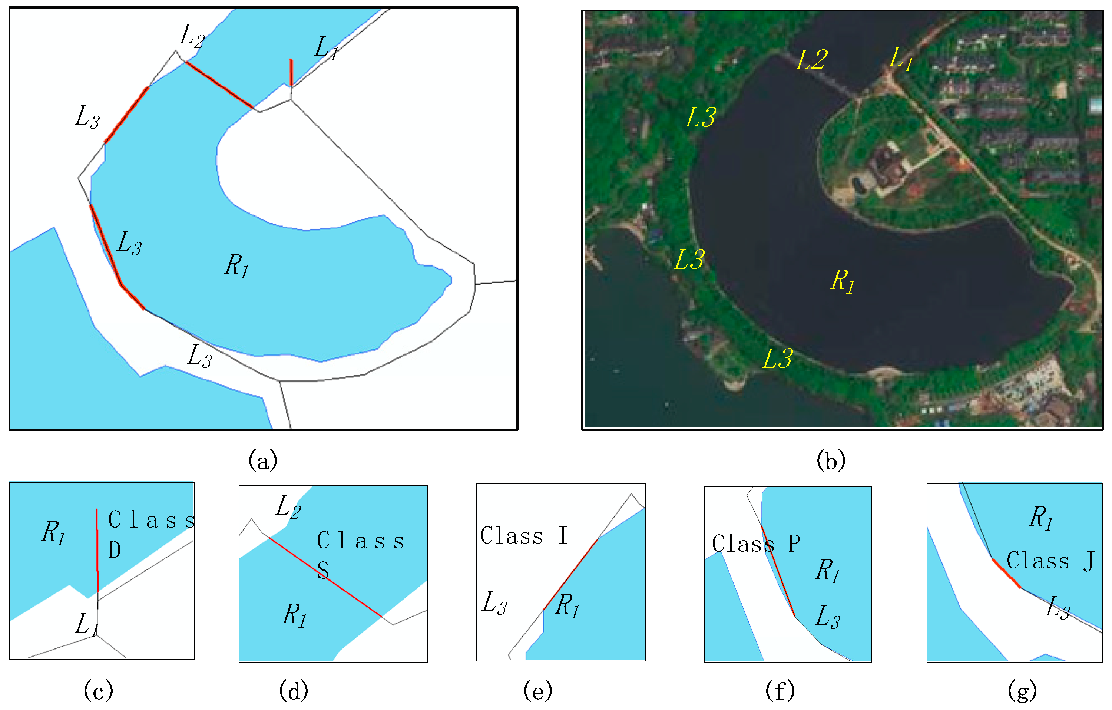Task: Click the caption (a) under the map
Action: pos(263,460)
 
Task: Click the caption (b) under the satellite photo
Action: pos(831,460)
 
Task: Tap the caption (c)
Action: pos(98,691)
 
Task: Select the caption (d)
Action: pos(294,691)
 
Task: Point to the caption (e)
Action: pos(538,691)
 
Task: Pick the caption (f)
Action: pos(780,691)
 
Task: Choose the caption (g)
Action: pos(1022,691)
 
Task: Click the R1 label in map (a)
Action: pos(237,265)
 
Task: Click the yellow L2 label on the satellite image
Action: pos(812,60)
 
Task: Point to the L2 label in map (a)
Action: pos(192,36)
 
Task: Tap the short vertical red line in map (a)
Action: pos(291,73)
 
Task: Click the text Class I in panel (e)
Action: pos(524,536)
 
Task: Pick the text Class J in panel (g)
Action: pos(1050,561)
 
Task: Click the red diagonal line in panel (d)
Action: pos(325,577)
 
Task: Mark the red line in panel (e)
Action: pos(570,575)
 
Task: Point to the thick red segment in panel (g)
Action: pos(1007,574)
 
